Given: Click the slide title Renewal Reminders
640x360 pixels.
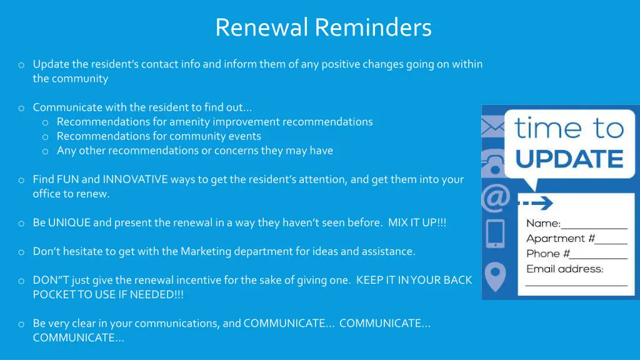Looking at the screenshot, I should click(x=323, y=27).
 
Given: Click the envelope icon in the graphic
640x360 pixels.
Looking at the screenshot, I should click(x=492, y=127).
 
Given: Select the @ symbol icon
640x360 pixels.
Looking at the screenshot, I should click(x=494, y=199).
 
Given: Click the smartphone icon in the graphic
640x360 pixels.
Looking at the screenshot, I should click(x=495, y=233).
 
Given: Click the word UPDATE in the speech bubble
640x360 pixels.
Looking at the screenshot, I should click(x=569, y=159).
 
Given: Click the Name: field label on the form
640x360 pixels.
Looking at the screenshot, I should click(x=543, y=223).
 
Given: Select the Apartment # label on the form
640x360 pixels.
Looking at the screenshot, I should click(x=556, y=238).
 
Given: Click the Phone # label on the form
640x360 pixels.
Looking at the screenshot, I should click(x=547, y=253).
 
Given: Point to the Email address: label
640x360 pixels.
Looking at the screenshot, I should click(x=564, y=269).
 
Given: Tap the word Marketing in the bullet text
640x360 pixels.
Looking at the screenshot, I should click(x=206, y=251).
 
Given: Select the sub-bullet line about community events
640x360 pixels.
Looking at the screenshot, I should click(x=159, y=136).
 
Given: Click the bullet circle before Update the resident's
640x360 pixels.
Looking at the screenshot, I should click(x=21, y=64).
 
